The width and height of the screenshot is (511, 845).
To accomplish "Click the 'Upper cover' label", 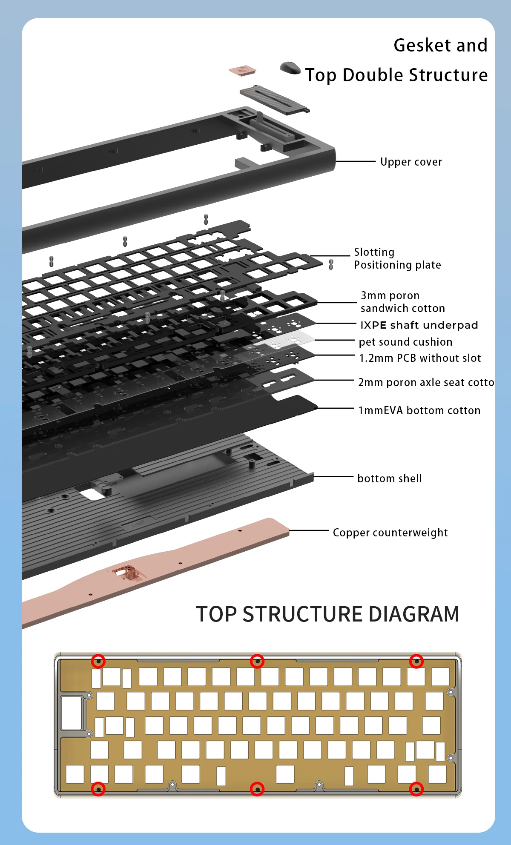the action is pyautogui.click(x=411, y=162).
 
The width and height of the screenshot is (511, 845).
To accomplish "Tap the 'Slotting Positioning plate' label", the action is pyautogui.click(x=397, y=258).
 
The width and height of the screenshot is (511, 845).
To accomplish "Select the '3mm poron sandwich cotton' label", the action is pyautogui.click(x=402, y=302).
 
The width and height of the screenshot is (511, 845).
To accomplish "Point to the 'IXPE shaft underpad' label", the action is pyautogui.click(x=419, y=325).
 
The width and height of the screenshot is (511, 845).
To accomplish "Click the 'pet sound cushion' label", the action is pyautogui.click(x=405, y=342).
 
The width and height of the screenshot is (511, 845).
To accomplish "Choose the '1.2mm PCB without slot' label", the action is pyautogui.click(x=420, y=358).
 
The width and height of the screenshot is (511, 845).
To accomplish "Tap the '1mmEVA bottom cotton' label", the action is pyautogui.click(x=419, y=410).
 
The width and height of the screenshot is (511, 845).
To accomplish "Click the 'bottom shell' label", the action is pyautogui.click(x=390, y=478).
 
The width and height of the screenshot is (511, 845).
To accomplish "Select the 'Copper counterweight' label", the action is pyautogui.click(x=390, y=533).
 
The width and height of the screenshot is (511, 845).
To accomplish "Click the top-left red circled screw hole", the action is pyautogui.click(x=98, y=662).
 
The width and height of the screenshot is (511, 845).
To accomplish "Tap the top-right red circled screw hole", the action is pyautogui.click(x=416, y=661).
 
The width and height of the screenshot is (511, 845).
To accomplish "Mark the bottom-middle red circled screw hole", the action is pyautogui.click(x=257, y=789).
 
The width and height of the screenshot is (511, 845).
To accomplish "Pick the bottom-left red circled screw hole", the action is pyautogui.click(x=98, y=789).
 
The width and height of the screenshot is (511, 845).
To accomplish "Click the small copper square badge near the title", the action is pyautogui.click(x=242, y=70).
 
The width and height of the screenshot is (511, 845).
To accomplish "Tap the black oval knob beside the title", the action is pyautogui.click(x=290, y=68).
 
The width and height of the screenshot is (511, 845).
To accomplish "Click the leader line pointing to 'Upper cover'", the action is pyautogui.click(x=356, y=162).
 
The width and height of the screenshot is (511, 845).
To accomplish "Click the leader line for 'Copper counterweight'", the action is pyautogui.click(x=309, y=531).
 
